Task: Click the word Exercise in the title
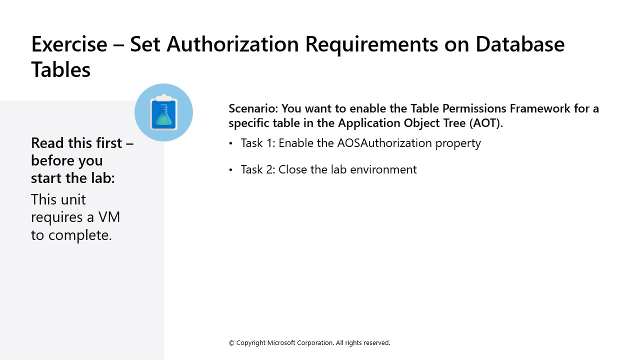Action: pos(69,44)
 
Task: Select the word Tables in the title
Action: pos(60,69)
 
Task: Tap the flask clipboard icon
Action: pos(163,112)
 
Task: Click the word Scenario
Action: pos(253,108)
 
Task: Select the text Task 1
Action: pos(257,143)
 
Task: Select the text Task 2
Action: pos(257,169)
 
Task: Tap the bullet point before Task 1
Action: pos(231,143)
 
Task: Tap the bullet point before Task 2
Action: pos(231,170)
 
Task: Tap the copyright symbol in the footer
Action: pos(231,343)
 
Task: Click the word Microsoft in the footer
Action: pos(283,343)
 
